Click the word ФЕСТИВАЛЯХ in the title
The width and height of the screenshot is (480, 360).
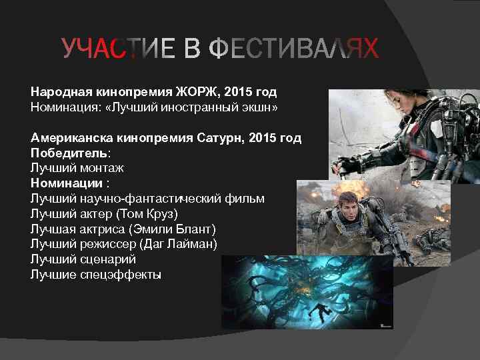[294, 49]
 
